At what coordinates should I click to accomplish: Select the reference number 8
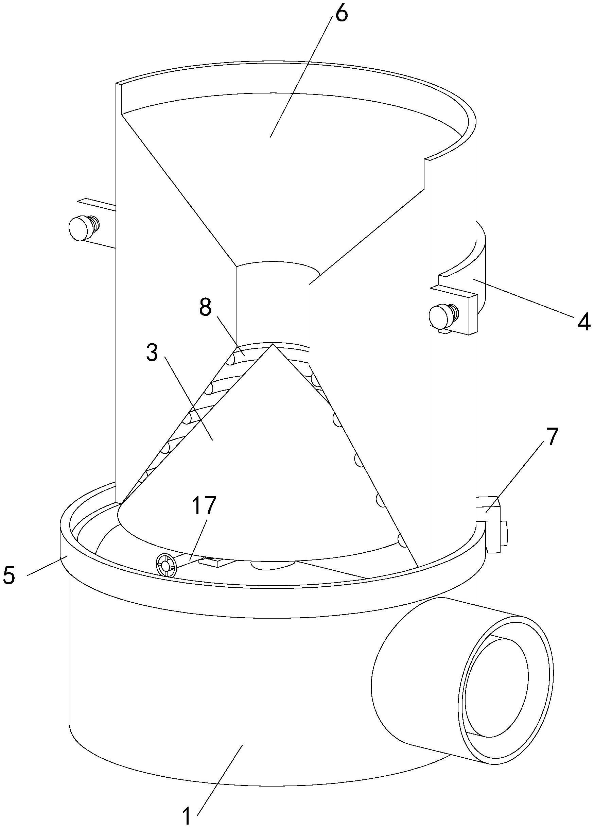coord(205,308)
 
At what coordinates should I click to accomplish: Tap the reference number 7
coord(552,437)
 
